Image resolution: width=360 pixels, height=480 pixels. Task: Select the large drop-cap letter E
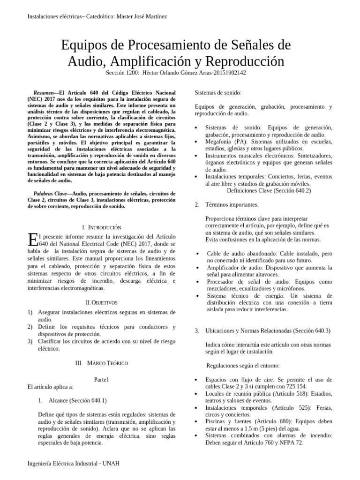(x=33, y=240)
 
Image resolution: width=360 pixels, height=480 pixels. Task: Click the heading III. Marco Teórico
(x=101, y=363)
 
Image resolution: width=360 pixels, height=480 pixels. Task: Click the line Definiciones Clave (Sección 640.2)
(x=269, y=191)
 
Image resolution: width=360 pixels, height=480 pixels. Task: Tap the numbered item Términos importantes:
(x=232, y=204)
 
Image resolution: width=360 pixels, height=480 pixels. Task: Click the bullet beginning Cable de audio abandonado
(x=244, y=254)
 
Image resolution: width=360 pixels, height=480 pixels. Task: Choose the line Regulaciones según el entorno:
(x=243, y=365)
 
